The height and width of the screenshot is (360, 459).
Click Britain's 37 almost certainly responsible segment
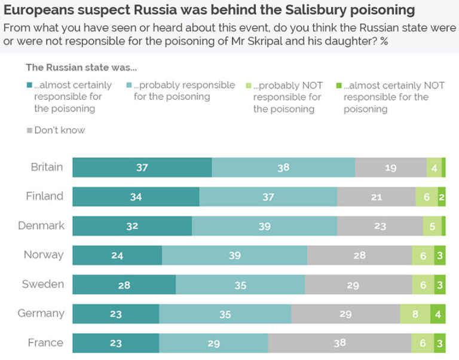point(142,167)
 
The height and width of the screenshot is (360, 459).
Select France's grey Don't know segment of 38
point(339,343)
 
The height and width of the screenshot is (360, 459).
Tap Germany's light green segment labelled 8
point(415,314)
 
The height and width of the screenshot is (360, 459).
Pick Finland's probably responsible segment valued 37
point(268,197)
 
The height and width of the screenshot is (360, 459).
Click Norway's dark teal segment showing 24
point(117,255)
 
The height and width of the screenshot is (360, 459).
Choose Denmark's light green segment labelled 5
point(432,226)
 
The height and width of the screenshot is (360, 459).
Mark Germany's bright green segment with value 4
point(438,314)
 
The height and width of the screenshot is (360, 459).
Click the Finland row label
point(44,196)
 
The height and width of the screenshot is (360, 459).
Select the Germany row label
point(41,313)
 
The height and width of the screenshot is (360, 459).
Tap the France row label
point(45,343)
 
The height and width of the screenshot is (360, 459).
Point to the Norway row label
point(43,255)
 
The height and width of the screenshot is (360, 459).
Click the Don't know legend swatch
point(29,130)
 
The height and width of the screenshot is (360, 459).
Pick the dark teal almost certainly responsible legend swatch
point(29,86)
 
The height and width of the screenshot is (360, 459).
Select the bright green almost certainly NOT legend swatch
point(339,86)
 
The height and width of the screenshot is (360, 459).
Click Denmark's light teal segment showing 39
point(264,226)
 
